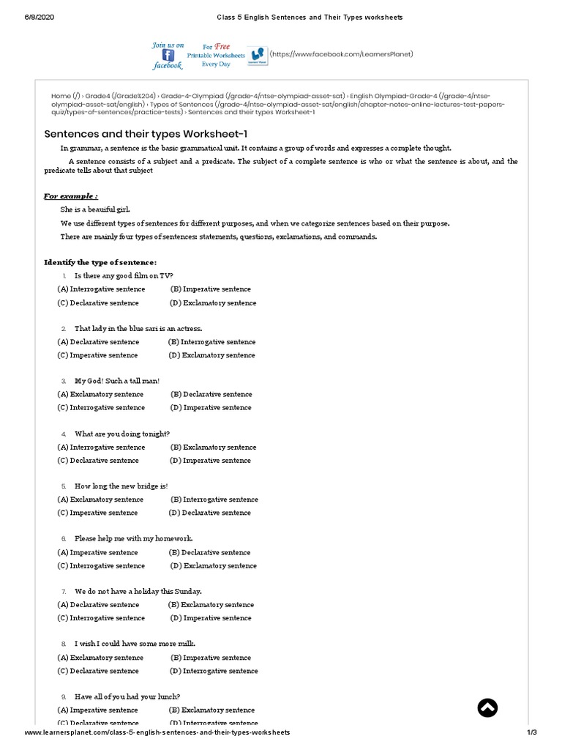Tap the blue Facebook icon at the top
(x=168, y=55)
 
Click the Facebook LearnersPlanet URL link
(x=342, y=53)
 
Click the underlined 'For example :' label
(x=70, y=196)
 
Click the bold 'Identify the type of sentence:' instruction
(x=100, y=262)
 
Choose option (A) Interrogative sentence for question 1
(x=101, y=289)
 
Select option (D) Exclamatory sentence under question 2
(x=212, y=355)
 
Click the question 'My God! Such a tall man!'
(x=116, y=381)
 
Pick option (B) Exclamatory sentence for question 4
(x=213, y=447)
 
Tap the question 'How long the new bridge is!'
(x=121, y=486)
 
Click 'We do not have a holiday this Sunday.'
(x=138, y=591)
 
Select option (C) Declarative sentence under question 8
(x=97, y=671)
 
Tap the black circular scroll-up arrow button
(x=487, y=707)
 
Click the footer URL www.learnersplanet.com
(x=157, y=732)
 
